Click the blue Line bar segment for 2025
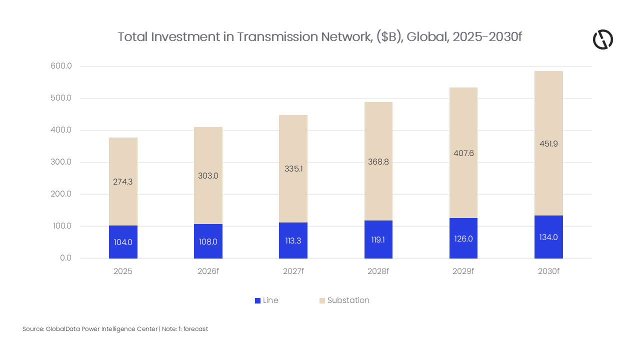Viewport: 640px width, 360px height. (123, 250)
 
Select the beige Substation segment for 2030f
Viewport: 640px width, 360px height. (548, 110)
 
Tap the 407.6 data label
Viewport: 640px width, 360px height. (463, 153)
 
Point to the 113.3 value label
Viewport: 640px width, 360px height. (293, 240)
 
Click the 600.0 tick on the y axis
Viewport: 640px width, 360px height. (61, 66)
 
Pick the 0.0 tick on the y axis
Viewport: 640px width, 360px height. (65, 258)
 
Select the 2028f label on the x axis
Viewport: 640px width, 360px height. (378, 271)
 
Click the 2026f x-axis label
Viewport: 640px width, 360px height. (208, 271)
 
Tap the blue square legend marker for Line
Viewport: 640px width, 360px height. (257, 300)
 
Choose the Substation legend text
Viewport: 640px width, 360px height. (348, 300)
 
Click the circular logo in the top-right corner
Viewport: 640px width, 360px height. (602, 39)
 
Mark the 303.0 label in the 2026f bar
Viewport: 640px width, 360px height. (208, 176)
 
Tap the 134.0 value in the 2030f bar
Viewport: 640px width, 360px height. (548, 237)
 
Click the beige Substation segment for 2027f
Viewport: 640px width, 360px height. (293, 140)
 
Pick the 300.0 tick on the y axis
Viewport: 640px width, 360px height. (61, 162)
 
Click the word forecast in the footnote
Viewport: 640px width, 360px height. (195, 329)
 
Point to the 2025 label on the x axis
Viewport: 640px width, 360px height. (123, 271)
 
